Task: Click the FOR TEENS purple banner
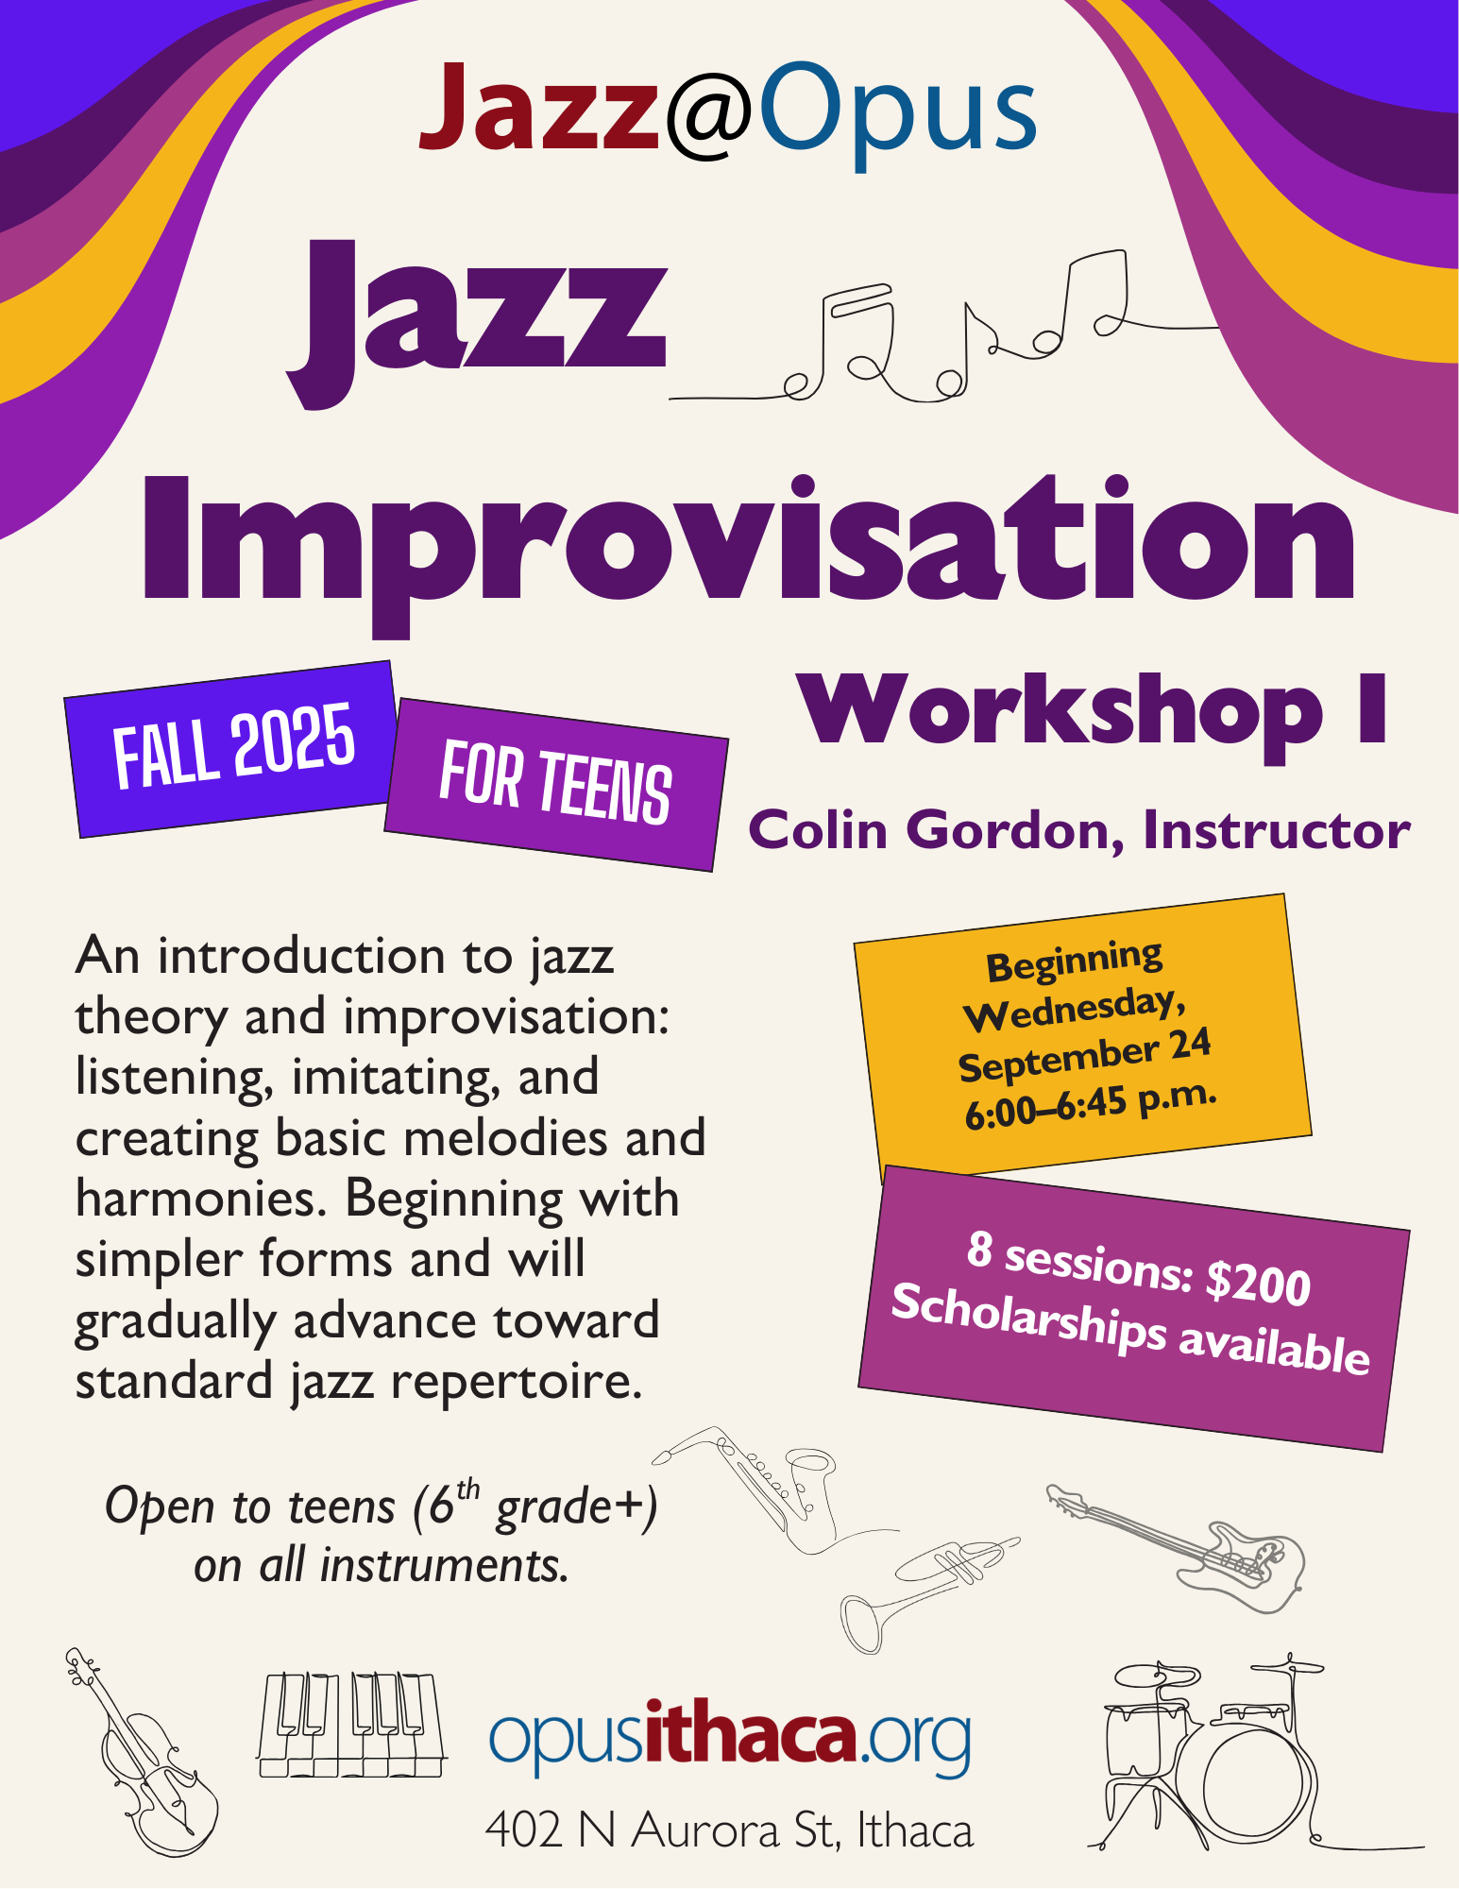click(555, 783)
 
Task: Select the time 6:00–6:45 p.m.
click(1091, 1103)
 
